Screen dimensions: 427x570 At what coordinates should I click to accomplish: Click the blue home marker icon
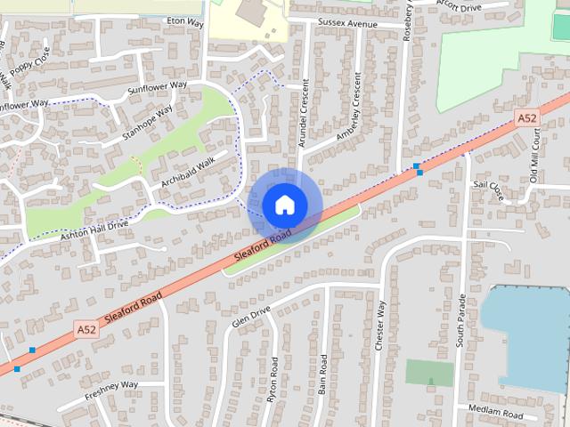pos(284,205)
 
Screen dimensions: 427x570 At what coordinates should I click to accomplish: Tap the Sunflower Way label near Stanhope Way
pos(157,87)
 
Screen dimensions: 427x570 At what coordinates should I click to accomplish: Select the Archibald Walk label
pos(188,172)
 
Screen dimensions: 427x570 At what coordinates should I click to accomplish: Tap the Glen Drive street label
pos(250,317)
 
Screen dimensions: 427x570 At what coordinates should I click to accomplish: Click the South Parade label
pos(461,320)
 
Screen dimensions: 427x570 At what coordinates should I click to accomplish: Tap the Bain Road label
pos(322,376)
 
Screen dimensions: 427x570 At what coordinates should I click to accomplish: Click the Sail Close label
pos(489,189)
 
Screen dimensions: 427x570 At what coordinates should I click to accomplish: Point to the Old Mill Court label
pos(534,155)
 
